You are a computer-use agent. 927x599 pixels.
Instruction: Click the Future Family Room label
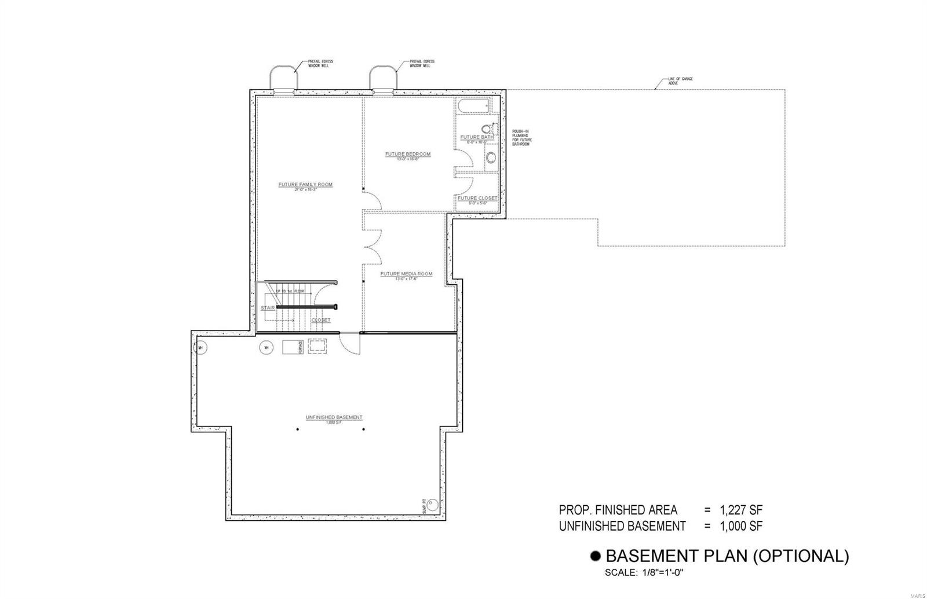305,185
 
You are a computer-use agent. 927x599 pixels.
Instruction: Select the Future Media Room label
406,274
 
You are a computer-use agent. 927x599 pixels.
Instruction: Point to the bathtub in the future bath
473,106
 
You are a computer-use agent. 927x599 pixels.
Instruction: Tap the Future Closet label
477,198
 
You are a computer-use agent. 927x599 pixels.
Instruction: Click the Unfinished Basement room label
334,417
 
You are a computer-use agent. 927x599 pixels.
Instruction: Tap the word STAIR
268,308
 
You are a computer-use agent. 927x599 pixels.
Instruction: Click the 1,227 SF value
741,510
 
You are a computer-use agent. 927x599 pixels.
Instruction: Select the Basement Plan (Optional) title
727,556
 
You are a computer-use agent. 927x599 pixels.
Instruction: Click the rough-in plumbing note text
521,138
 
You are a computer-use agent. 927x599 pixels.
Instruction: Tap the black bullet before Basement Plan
595,557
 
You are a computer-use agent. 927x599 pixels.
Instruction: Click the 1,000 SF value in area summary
741,526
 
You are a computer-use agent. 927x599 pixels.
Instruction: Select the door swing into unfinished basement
349,344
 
